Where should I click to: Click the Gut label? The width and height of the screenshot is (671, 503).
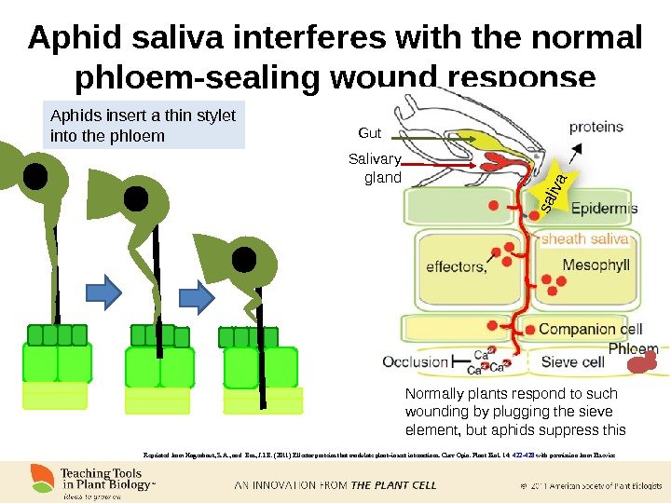(370, 133)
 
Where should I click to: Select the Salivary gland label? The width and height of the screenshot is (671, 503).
(375, 168)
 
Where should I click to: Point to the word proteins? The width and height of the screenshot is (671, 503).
(603, 127)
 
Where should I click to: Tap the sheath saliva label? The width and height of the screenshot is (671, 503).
(584, 239)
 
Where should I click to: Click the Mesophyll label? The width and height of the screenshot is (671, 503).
(596, 265)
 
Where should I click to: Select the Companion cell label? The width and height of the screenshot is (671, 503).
(591, 328)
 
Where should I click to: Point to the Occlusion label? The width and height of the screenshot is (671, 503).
(416, 361)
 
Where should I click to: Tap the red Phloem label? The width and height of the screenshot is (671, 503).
(634, 349)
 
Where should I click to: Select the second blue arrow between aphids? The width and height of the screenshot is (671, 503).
(199, 295)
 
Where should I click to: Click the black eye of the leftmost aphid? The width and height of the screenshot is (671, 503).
(35, 175)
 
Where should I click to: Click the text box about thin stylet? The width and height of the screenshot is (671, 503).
(145, 126)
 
